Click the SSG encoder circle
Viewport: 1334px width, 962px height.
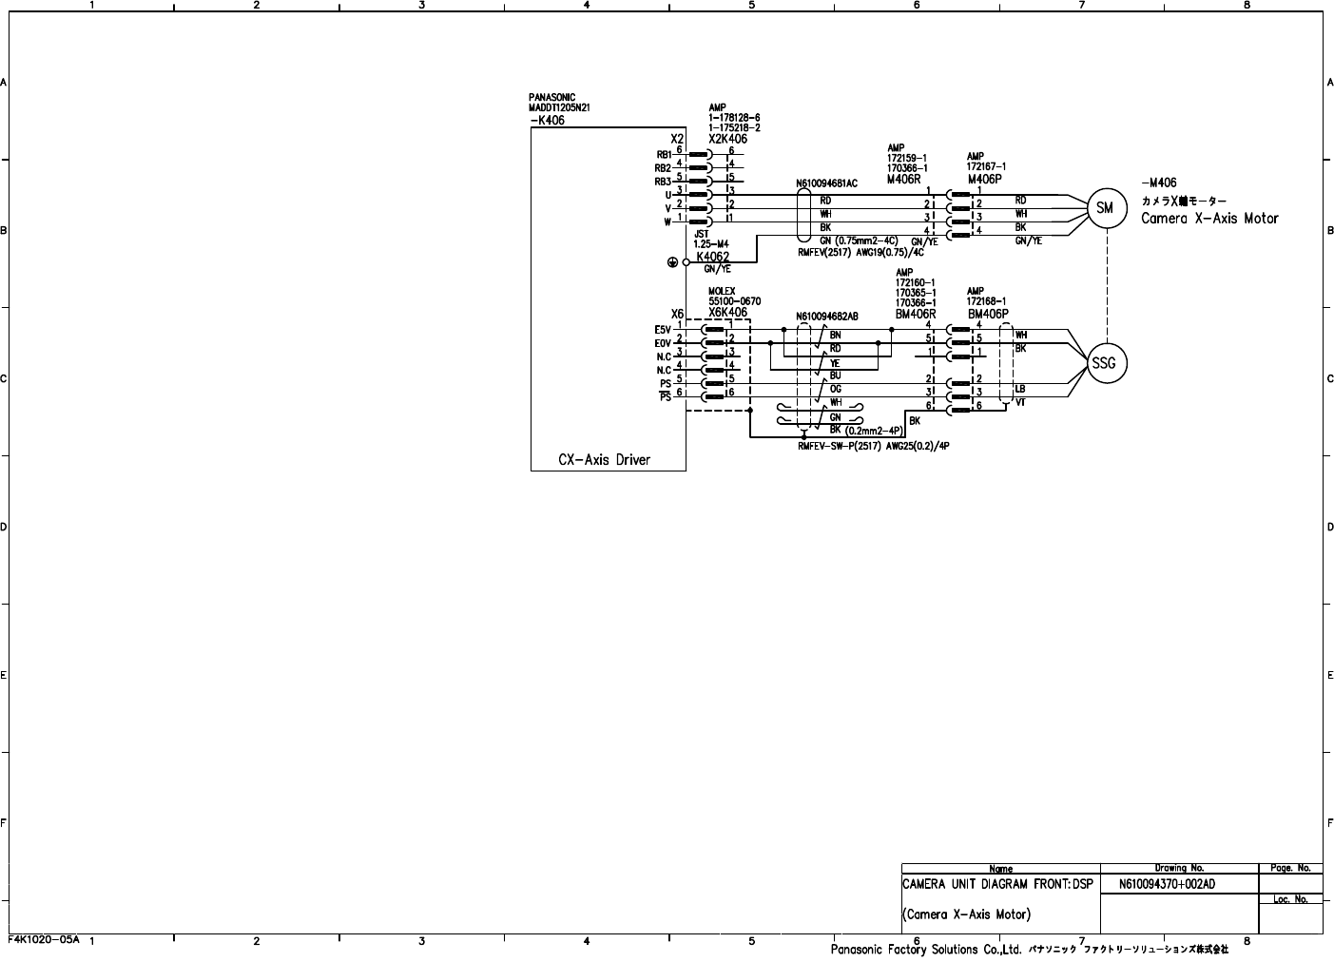click(1106, 363)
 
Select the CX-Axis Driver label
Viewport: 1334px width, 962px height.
click(605, 460)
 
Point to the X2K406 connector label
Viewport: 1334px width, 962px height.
click(727, 139)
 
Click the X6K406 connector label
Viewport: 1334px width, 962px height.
click(727, 313)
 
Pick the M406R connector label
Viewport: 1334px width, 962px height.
click(904, 179)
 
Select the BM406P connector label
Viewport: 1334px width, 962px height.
click(988, 314)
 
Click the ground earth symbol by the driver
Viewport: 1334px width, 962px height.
click(673, 262)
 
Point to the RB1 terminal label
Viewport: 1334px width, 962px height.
click(663, 154)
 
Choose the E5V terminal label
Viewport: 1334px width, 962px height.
click(663, 330)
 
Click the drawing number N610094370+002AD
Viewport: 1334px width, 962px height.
click(1167, 884)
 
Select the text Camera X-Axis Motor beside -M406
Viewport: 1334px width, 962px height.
click(1209, 219)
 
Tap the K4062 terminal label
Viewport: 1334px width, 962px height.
click(712, 257)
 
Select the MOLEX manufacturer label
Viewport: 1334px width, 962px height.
click(722, 292)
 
